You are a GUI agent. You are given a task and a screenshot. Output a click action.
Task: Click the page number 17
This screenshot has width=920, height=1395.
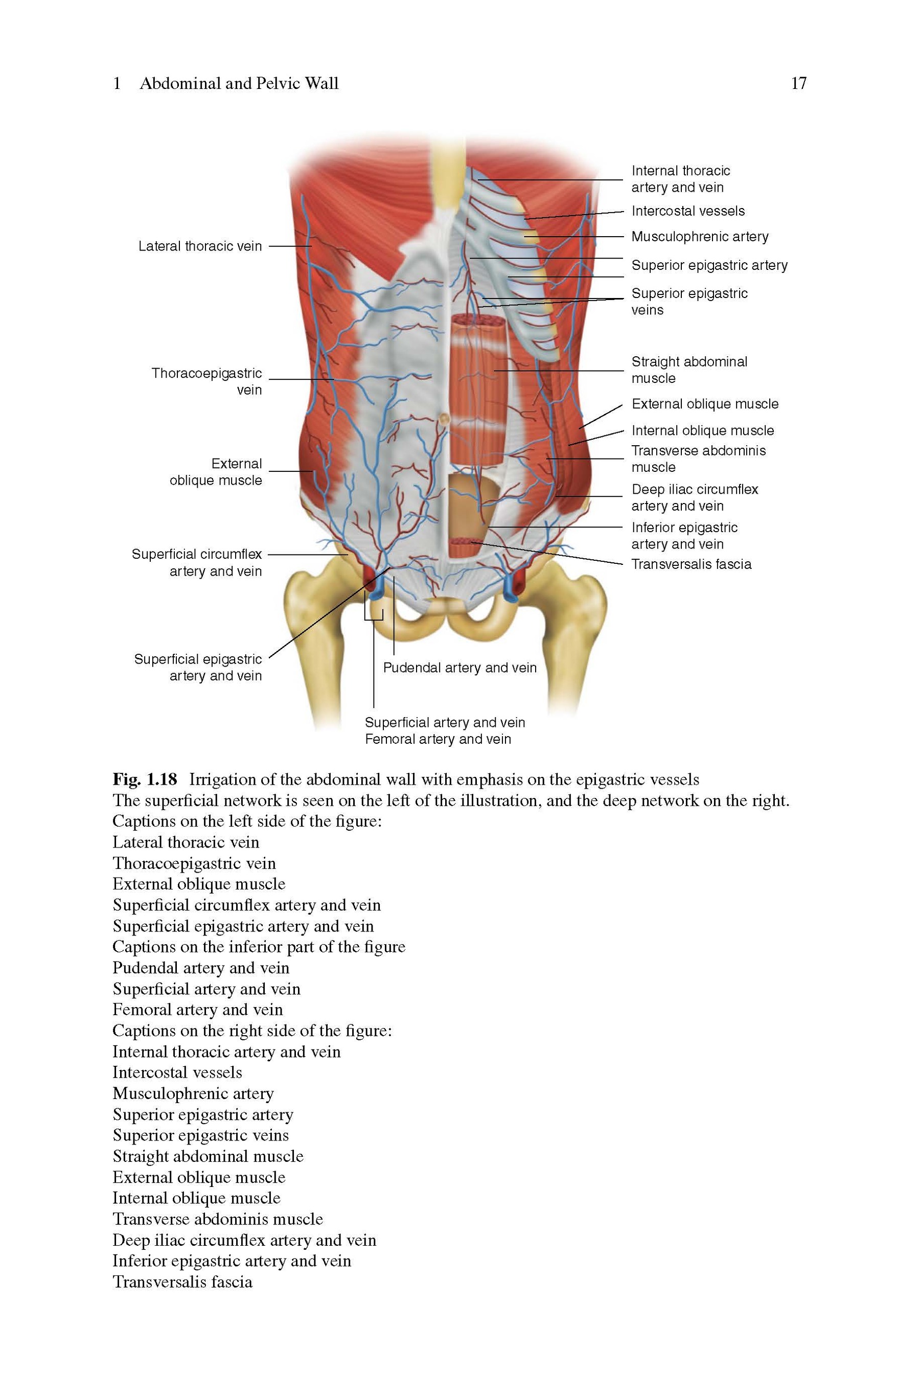tap(798, 83)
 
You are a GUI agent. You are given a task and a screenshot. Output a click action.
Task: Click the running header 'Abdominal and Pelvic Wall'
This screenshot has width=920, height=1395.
tap(239, 83)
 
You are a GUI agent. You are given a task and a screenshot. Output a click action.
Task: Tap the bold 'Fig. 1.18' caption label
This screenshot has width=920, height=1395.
tap(144, 779)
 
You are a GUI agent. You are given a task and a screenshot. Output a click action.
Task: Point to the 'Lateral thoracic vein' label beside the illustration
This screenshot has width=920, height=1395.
tap(200, 246)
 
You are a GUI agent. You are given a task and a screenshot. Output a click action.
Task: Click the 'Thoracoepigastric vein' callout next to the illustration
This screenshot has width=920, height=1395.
tap(206, 381)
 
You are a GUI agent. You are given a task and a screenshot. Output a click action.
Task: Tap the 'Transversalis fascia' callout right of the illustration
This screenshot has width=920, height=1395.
tap(691, 564)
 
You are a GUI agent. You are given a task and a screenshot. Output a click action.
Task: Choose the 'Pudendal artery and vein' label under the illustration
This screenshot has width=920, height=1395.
tap(460, 668)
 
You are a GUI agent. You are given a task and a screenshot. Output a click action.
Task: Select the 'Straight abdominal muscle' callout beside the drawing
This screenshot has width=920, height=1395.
tap(689, 370)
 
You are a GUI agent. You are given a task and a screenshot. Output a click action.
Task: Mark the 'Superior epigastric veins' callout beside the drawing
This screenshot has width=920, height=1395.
tap(689, 302)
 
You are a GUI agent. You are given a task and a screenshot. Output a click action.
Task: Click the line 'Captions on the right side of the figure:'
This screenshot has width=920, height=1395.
tap(252, 1030)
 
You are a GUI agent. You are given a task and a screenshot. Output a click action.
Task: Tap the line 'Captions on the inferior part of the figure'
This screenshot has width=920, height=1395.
tap(259, 947)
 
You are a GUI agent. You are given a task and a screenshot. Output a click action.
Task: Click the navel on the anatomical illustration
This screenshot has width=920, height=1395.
tap(444, 418)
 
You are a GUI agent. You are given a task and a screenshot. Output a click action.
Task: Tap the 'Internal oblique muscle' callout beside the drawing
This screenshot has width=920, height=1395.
tap(703, 430)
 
